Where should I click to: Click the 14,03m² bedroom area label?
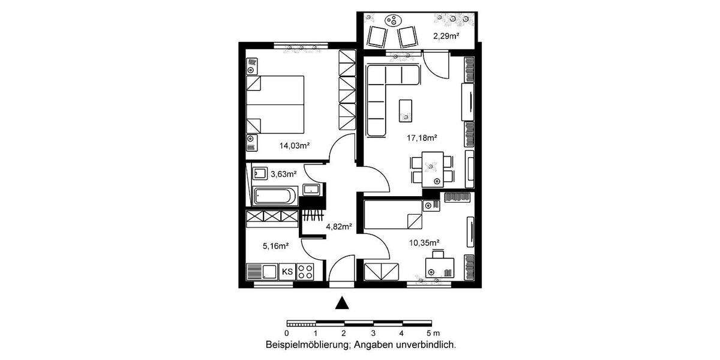point(294,145)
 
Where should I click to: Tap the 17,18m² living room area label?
point(422,138)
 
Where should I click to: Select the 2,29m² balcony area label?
point(446,36)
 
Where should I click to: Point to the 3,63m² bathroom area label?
point(284,175)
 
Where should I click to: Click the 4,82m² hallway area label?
point(338,227)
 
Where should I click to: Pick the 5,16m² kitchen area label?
point(276,245)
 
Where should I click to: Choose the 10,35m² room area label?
point(424,242)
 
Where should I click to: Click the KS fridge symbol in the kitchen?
point(287,272)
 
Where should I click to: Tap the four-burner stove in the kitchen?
point(305,272)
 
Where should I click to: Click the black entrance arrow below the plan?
point(342,303)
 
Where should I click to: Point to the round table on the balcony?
point(392,20)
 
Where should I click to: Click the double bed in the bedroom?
point(277,104)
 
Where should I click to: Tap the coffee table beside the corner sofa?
point(406,109)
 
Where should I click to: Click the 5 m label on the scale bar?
point(433,332)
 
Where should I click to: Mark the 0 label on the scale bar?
point(287,332)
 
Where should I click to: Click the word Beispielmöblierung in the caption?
point(308,345)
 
